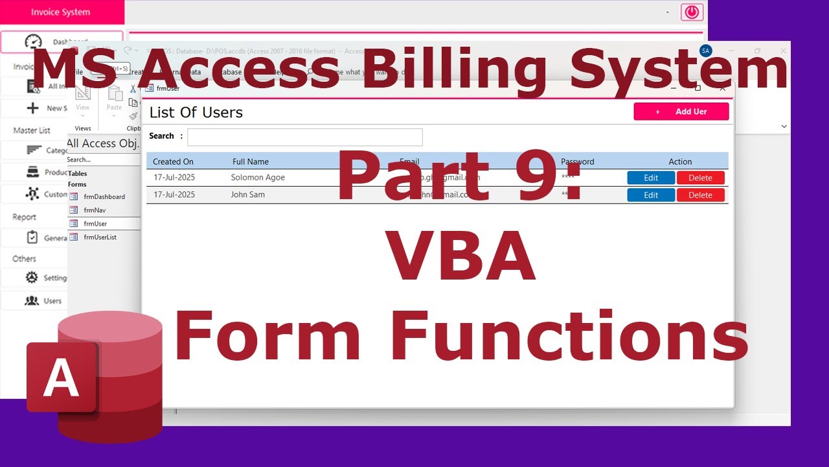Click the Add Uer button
tap(681, 112)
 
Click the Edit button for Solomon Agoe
tap(651, 178)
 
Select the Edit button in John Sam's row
tap(651, 195)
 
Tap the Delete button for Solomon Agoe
tap(700, 178)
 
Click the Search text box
tap(304, 137)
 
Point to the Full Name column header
tap(250, 162)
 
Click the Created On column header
tap(173, 162)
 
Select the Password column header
tap(577, 162)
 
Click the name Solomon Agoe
tap(258, 178)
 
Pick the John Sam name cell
tap(247, 195)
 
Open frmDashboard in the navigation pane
tap(104, 197)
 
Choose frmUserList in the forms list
tap(100, 237)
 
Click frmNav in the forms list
tap(95, 210)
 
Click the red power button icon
tap(692, 12)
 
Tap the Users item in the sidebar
tap(52, 301)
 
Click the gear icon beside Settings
tap(32, 278)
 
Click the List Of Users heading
tap(196, 112)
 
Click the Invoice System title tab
tap(61, 12)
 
